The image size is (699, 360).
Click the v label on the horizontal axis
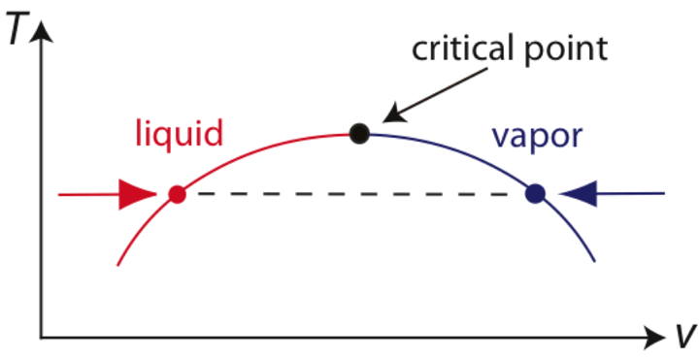pyautogui.click(x=685, y=336)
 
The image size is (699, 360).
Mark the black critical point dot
pyautogui.click(x=360, y=133)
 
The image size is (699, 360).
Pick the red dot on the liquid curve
pyautogui.click(x=177, y=194)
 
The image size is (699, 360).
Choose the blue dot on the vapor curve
pyautogui.click(x=534, y=194)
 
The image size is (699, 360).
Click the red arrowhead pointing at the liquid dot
pyautogui.click(x=136, y=194)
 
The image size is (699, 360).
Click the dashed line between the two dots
pyautogui.click(x=355, y=194)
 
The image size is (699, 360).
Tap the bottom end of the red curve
pyautogui.click(x=117, y=263)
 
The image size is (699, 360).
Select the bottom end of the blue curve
pyautogui.click(x=595, y=261)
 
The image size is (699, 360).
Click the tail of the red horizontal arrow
pyautogui.click(x=61, y=194)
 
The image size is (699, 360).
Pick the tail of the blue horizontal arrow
pyautogui.click(x=662, y=194)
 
